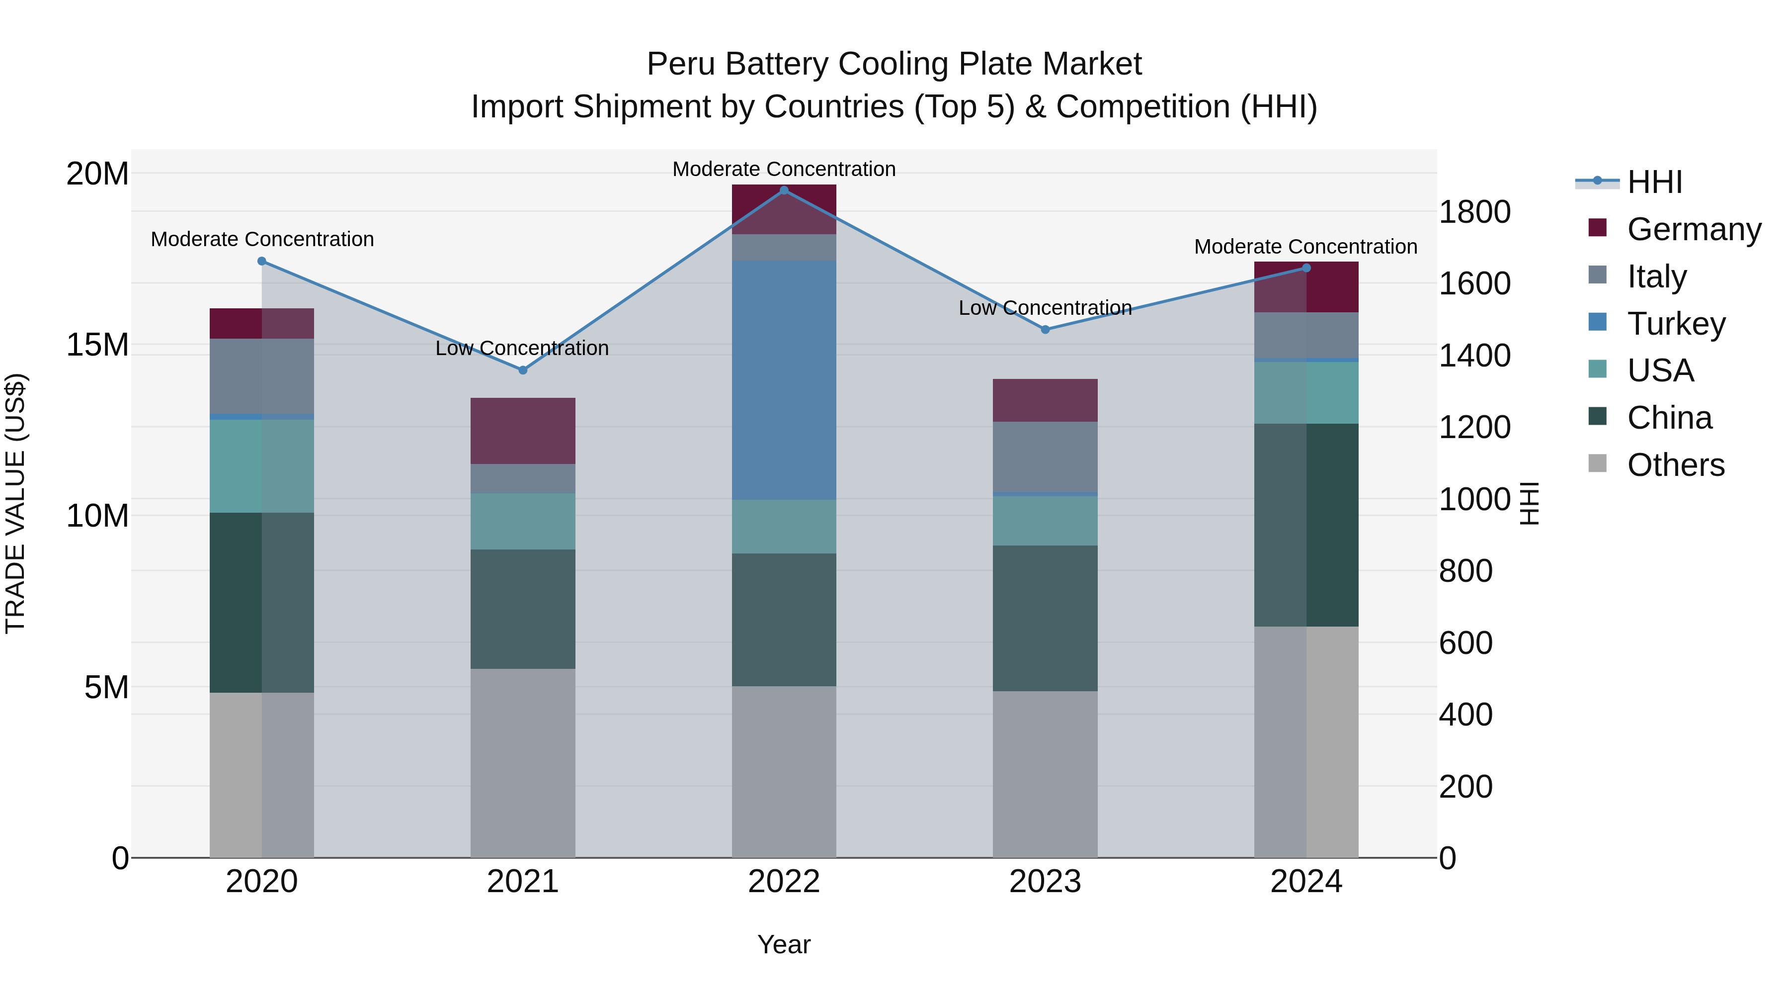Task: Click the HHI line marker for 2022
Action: (784, 190)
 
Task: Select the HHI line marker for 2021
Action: (523, 370)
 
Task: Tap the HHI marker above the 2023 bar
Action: (1045, 329)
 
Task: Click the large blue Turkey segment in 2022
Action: (784, 380)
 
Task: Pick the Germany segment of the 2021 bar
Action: (523, 431)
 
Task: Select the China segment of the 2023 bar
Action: (1045, 619)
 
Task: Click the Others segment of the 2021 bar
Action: (523, 763)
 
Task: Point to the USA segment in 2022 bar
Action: (784, 526)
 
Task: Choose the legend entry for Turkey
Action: (1676, 324)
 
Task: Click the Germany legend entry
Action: (1693, 229)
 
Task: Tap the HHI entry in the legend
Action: (1654, 182)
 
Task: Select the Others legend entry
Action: (1675, 465)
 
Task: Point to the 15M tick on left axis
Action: (97, 345)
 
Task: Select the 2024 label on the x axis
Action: (1305, 882)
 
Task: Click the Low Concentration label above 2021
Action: (522, 348)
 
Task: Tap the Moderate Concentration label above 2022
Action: (784, 170)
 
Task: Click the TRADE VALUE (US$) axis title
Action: (15, 503)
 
